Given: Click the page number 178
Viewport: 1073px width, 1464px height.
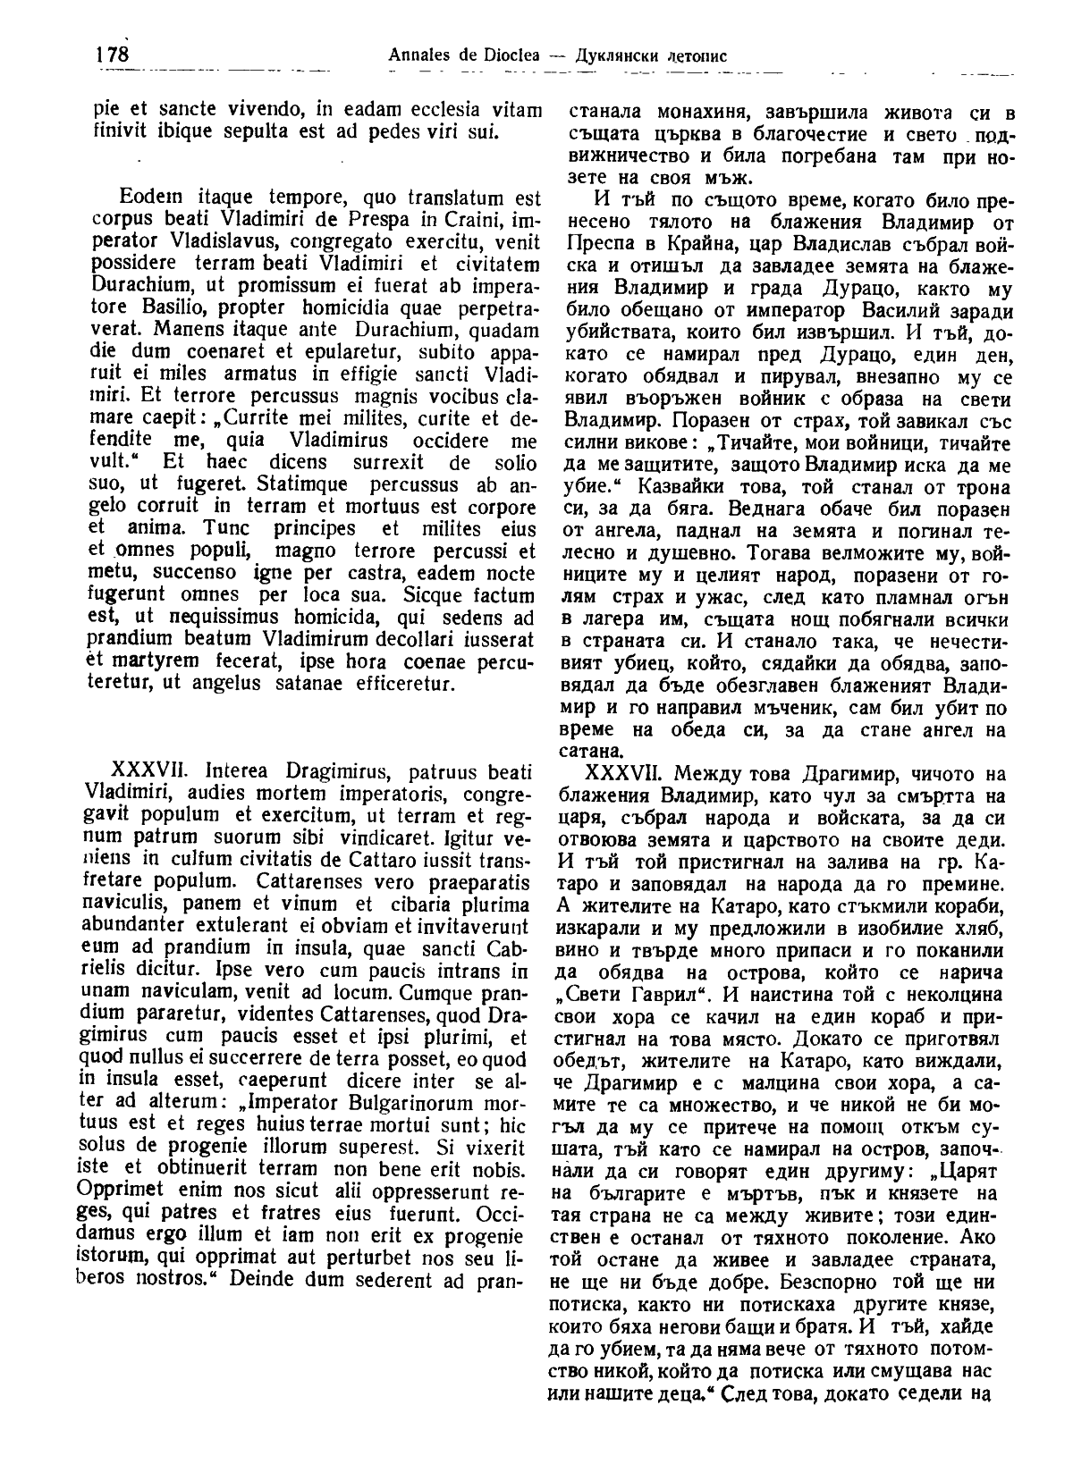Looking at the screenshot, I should pos(112,55).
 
